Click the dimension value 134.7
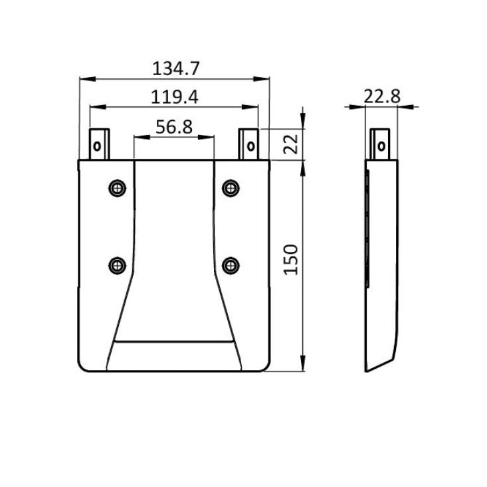176,68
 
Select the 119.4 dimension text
174,97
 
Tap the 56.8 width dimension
174,127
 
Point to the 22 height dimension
290,144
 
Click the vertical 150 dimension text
291,261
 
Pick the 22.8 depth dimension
382,96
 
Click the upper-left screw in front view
118,187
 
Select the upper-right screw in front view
231,187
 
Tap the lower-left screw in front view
118,266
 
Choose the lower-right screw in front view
231,266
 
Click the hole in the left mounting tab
98,146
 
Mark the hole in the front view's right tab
250,146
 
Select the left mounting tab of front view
100,144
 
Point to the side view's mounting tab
381,144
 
